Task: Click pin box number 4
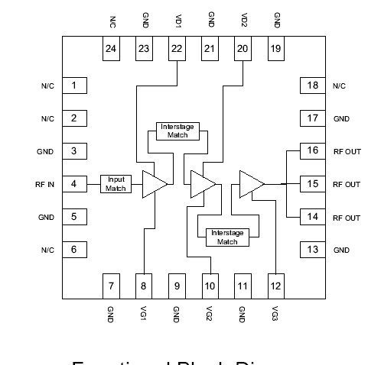click(x=73, y=184)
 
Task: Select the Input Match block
click(x=116, y=184)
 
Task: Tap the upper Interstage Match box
click(x=177, y=131)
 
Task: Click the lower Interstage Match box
click(x=227, y=237)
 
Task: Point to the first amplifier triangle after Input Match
click(x=155, y=184)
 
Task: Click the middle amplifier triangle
click(x=202, y=184)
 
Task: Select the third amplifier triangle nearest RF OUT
click(x=250, y=183)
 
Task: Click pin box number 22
click(x=177, y=49)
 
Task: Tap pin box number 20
click(x=243, y=49)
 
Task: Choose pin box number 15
click(x=311, y=184)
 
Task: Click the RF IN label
click(x=44, y=185)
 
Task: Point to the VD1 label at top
click(x=177, y=20)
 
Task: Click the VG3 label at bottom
click(x=275, y=313)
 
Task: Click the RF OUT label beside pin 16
click(x=347, y=151)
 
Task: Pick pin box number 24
click(x=112, y=49)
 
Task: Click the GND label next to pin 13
click(x=341, y=250)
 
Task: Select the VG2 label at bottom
click(x=210, y=313)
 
